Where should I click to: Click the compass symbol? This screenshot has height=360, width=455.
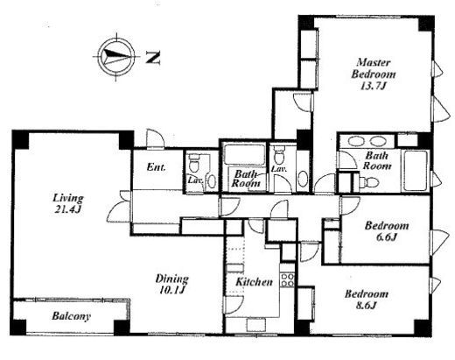pos(116,57)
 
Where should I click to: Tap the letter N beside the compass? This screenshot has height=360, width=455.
pos(153,58)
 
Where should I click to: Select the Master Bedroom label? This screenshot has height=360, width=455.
pos(374,68)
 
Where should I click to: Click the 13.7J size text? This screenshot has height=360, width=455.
pos(374,86)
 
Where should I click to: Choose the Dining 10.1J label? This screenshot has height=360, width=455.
pos(171,284)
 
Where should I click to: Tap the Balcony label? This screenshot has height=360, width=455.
pos(71,316)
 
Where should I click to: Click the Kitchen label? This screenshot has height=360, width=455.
pos(254,282)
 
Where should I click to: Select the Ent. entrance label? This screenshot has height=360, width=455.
pos(157,167)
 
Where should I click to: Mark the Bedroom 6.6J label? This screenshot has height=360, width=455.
pos(387,231)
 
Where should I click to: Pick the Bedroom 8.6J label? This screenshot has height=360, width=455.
pos(367,300)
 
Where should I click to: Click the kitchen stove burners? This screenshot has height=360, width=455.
pos(287,279)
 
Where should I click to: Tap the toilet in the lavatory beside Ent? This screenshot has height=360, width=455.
pos(193,164)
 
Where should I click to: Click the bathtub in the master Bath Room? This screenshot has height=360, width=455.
pos(415,171)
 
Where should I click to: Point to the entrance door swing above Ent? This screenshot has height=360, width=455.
pos(155,138)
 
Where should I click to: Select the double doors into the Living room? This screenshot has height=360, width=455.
pos(119,206)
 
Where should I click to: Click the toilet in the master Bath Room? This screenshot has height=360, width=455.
pos(369,183)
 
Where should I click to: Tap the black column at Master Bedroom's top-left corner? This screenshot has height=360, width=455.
pos(305,22)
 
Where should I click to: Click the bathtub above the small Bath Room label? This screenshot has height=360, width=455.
pos(244,153)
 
